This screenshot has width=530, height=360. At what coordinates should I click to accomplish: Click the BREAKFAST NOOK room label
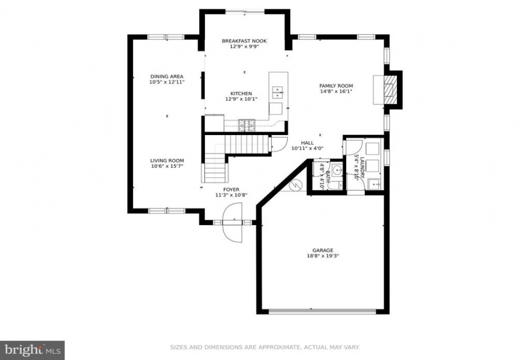click(x=244, y=41)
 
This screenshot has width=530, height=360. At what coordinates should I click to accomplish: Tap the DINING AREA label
click(x=167, y=76)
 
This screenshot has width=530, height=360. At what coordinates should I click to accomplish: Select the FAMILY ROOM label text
click(x=336, y=86)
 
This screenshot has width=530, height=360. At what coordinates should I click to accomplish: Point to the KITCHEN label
click(x=241, y=94)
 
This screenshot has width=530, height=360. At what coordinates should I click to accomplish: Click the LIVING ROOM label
click(x=167, y=161)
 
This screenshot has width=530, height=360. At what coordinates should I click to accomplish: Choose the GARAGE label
click(x=322, y=250)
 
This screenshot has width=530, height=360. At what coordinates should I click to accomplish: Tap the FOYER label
click(x=231, y=190)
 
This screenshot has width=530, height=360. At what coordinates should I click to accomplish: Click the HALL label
click(x=307, y=143)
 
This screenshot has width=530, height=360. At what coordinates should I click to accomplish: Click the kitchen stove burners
click(x=247, y=125)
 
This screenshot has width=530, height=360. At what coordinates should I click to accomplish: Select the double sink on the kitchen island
click(x=278, y=93)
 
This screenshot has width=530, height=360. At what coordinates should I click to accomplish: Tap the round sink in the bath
click(x=337, y=170)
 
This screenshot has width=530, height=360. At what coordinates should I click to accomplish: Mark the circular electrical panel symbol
click(x=295, y=184)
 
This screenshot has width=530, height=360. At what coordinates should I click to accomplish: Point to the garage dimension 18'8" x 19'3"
click(x=322, y=256)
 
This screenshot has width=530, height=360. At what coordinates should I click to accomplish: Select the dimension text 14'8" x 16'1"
click(x=336, y=91)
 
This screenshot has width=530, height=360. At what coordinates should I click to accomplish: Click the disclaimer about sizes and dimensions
click(x=265, y=347)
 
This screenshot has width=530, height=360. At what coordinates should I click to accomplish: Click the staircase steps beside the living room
click(x=233, y=152)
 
